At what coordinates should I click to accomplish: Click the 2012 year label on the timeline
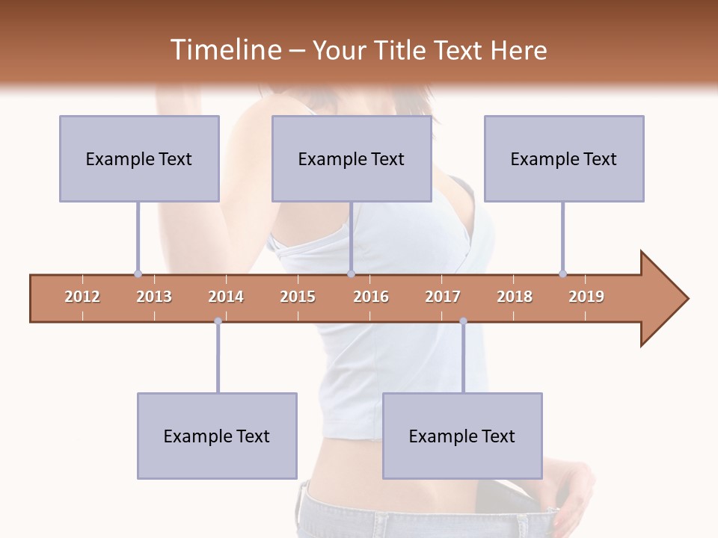[82, 297]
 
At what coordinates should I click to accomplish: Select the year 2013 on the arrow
[154, 297]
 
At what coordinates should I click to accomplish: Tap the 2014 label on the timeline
[226, 297]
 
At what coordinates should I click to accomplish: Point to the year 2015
[298, 297]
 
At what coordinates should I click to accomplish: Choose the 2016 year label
[371, 297]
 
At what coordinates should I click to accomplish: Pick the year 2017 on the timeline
[443, 297]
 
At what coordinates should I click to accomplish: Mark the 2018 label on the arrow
[515, 297]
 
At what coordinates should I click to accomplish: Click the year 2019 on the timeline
[586, 297]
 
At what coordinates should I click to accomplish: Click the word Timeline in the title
[224, 50]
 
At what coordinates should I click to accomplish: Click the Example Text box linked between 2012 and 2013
[139, 158]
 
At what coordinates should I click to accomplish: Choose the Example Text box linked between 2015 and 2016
[352, 158]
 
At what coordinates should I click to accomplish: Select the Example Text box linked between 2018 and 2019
[564, 158]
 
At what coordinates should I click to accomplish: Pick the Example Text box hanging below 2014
[217, 436]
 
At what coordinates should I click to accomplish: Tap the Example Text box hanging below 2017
[462, 436]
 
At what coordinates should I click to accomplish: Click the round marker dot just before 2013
[138, 273]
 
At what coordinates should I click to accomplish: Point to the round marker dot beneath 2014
[218, 321]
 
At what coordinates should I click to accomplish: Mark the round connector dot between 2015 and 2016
[351, 273]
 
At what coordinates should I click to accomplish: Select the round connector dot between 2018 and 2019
[562, 273]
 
